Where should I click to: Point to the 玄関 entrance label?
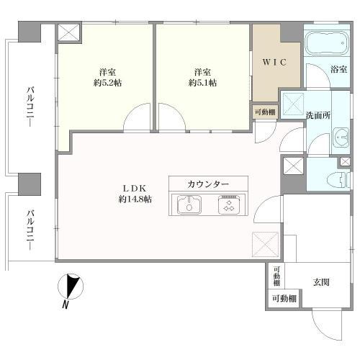coord(321,282)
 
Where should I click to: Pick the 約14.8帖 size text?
coord(135,199)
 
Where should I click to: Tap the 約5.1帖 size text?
coord(202,84)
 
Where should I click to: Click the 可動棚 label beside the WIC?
coord(263,112)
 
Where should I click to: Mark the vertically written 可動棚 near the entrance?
coord(276,276)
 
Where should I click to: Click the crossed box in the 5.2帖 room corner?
coord(69,33)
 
